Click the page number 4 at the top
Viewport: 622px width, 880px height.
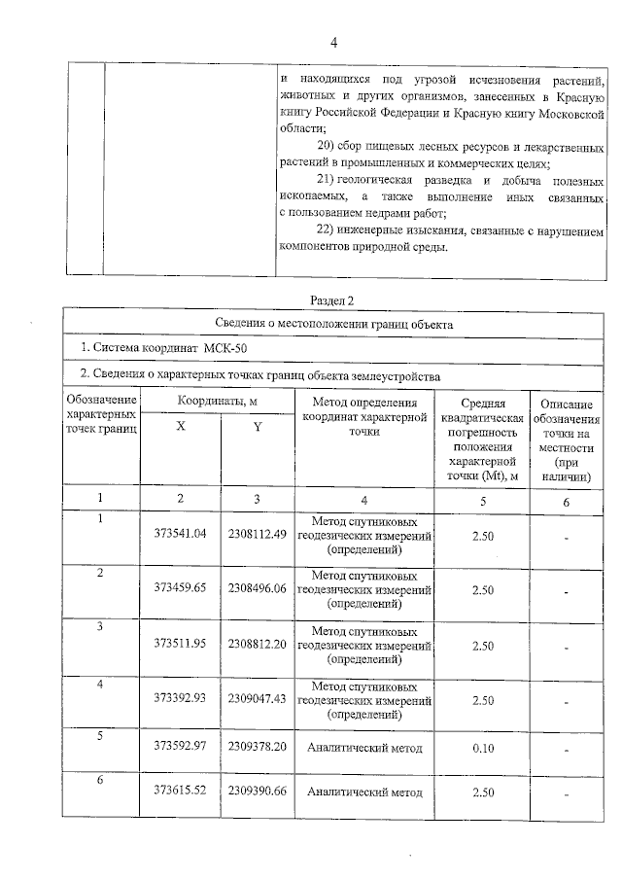333,43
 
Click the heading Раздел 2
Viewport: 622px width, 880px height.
333,300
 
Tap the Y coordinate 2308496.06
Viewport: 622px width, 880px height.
257,589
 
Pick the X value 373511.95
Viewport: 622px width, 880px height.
181,645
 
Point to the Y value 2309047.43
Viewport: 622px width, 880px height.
257,699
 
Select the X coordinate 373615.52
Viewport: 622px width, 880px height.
181,792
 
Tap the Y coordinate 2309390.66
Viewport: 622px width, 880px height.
257,792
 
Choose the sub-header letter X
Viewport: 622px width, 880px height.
181,427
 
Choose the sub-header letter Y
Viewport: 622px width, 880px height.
257,427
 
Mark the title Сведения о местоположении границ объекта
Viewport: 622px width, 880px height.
333,324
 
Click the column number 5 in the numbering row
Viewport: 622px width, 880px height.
482,500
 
